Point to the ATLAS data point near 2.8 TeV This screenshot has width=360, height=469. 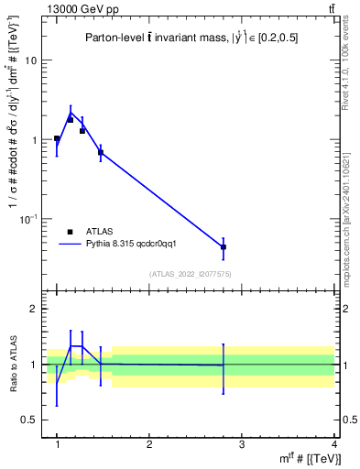(x=224, y=247)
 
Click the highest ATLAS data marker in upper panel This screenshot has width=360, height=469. (x=71, y=119)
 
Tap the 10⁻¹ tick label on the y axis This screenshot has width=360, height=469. (x=31, y=220)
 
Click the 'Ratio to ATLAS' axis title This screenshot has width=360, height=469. (x=13, y=364)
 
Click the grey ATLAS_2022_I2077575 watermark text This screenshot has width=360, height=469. (x=189, y=274)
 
